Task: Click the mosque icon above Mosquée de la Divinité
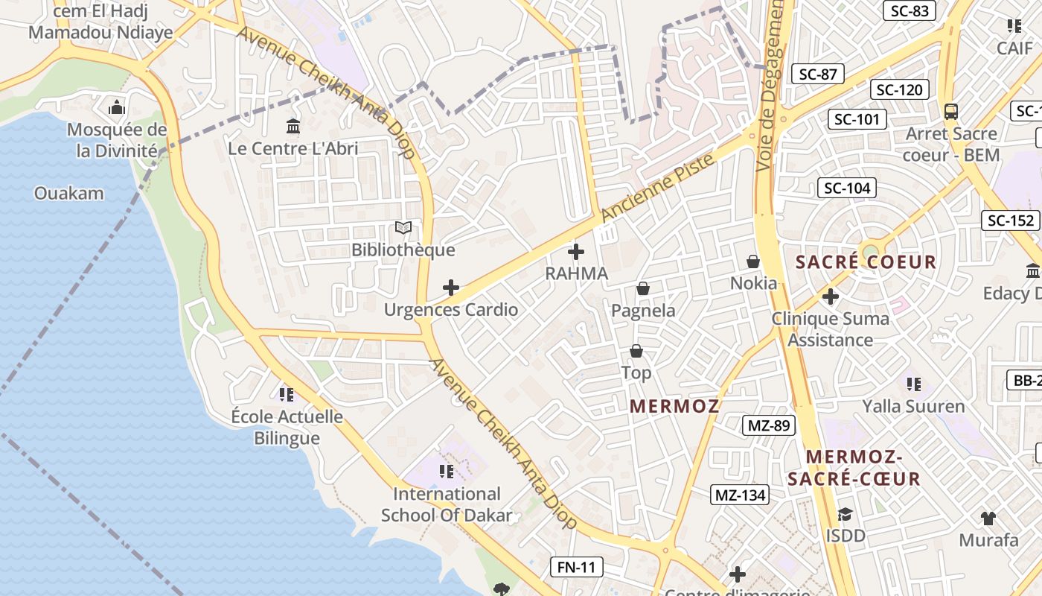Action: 117,108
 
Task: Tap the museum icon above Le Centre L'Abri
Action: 293,127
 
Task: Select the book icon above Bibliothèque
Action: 403,228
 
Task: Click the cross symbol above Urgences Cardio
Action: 451,288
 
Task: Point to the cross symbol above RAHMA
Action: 576,252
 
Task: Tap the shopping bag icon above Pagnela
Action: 643,288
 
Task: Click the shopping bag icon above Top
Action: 636,350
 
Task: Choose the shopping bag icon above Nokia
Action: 753,261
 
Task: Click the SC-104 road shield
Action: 847,188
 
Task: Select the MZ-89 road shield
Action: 769,426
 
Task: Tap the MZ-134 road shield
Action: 740,495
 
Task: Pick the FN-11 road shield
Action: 577,567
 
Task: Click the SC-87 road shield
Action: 818,74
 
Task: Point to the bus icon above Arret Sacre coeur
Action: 951,112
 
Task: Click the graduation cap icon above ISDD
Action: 845,514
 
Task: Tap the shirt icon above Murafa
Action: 988,519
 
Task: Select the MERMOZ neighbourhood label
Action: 674,406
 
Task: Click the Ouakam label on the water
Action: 68,194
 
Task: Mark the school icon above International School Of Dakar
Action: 447,471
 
